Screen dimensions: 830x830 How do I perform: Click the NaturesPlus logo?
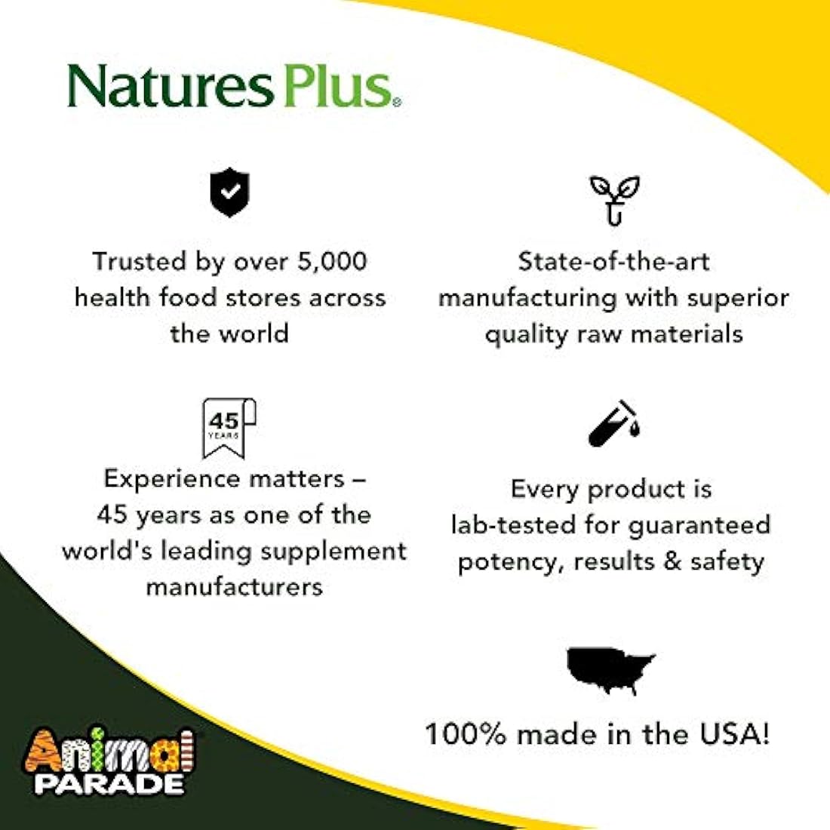point(234,86)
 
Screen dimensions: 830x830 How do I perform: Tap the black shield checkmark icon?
point(229,193)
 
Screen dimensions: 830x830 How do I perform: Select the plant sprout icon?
point(614,198)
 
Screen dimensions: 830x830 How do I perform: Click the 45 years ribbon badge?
point(229,427)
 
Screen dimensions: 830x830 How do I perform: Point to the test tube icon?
point(613,424)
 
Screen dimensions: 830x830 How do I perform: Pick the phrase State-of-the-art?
point(613,261)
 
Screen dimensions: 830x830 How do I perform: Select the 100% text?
point(465,733)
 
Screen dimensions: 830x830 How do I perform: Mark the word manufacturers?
point(235,586)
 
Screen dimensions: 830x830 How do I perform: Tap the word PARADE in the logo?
point(109,782)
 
